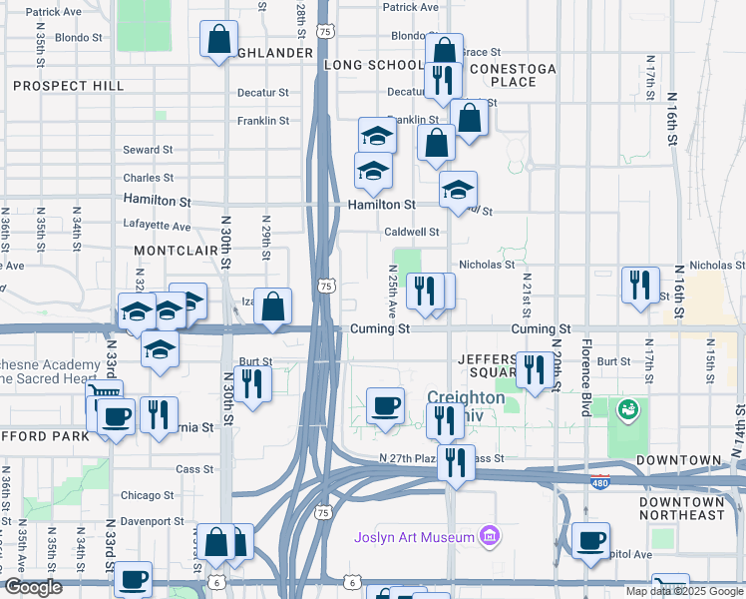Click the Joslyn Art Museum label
(414, 537)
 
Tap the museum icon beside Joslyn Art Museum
(489, 537)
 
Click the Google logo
(33, 587)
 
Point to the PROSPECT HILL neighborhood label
(69, 86)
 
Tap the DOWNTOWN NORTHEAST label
(682, 507)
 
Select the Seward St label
(148, 150)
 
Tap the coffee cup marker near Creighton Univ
(385, 405)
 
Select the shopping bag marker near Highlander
(218, 40)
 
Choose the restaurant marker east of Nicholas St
(639, 284)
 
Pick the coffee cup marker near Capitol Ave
(590, 539)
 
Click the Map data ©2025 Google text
(684, 591)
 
